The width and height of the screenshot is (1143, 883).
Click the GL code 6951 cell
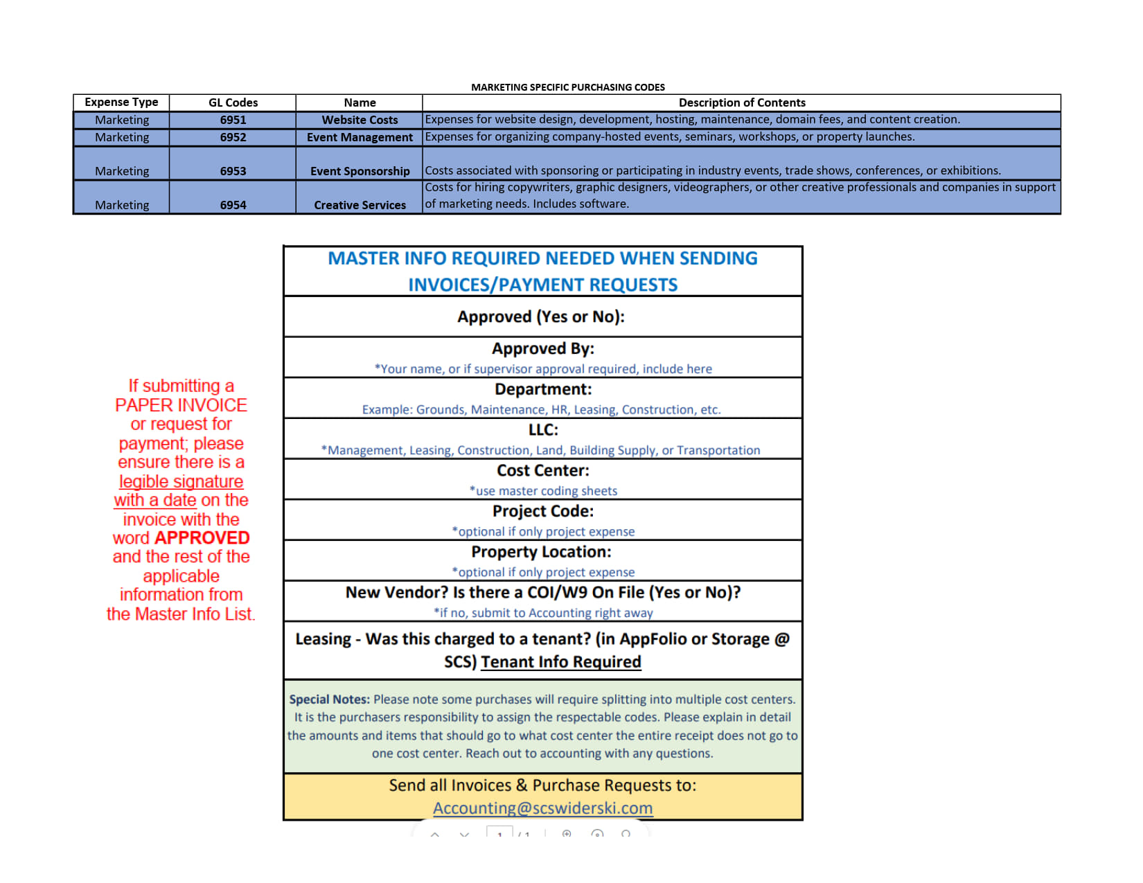[x=233, y=120]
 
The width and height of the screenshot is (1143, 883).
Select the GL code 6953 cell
[x=233, y=171]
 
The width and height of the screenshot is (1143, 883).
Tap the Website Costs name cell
[x=360, y=120]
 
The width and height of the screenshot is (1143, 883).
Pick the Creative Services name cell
[x=360, y=205]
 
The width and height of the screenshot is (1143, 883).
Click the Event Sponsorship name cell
[x=360, y=171]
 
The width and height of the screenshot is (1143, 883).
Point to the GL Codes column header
[x=233, y=102]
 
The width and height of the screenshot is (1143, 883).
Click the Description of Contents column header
[x=741, y=102]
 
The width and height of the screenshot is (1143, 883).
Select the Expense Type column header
[x=121, y=102]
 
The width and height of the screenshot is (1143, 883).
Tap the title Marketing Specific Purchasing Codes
[x=567, y=87]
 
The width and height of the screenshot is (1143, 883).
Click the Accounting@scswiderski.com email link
[x=542, y=808]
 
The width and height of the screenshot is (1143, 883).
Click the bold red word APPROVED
[x=202, y=538]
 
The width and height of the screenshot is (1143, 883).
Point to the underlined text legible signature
[x=181, y=481]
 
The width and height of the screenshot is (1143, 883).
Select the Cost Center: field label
[x=542, y=471]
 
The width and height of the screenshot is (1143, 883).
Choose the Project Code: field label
[x=542, y=512]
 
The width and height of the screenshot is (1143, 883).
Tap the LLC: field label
[x=542, y=430]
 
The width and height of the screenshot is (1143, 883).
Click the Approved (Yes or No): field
[x=541, y=317]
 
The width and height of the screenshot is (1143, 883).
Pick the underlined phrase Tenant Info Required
[x=560, y=662]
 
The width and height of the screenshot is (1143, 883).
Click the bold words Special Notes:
[x=329, y=699]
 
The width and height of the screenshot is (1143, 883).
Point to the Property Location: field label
[x=541, y=552]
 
